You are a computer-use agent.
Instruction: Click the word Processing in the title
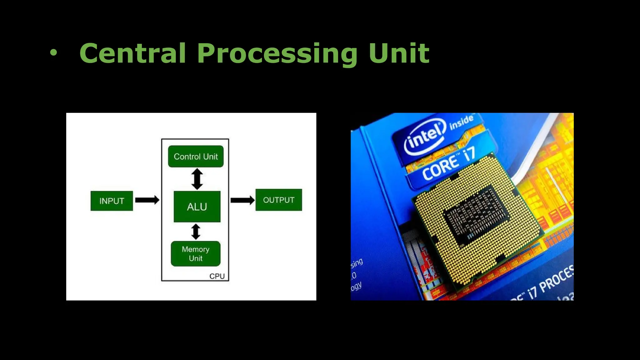point(277,54)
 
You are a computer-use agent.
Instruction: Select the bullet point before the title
point(54,53)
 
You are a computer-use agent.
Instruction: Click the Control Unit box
point(196,156)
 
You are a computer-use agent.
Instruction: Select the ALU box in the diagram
point(197,207)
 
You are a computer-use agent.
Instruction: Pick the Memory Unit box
point(196,253)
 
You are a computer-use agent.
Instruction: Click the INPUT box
point(112,201)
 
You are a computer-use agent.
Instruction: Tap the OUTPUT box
point(279,200)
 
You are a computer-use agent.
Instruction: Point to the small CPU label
point(217,276)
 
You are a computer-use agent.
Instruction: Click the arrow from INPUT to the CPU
point(147,200)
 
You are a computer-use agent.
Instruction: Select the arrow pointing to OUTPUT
point(242,200)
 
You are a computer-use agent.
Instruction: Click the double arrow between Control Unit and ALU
point(197,179)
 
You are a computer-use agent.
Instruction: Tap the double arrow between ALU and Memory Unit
point(196,232)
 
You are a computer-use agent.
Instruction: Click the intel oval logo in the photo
point(424,138)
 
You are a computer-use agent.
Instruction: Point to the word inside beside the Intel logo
point(461,122)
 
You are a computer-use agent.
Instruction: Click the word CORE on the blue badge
point(441,168)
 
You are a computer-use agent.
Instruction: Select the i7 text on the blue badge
point(469,154)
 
